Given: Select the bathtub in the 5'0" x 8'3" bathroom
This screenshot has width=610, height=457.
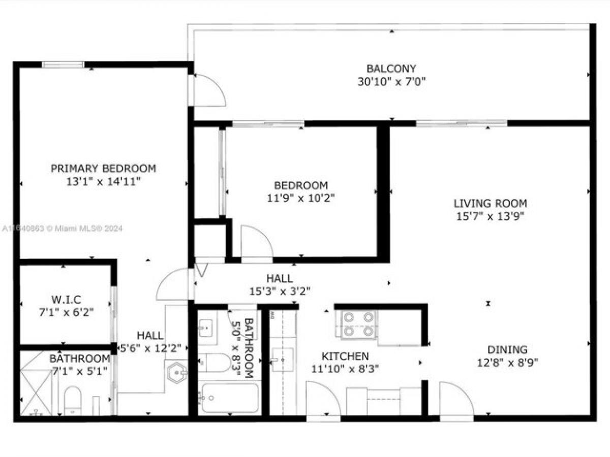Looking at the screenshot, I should (230, 398).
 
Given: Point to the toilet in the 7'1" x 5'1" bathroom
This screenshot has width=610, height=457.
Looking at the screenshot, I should (73, 400).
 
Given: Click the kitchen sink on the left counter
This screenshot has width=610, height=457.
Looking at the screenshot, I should (282, 360).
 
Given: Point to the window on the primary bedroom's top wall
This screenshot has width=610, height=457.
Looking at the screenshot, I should (63, 64).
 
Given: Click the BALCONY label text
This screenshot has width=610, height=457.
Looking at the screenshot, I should (391, 69).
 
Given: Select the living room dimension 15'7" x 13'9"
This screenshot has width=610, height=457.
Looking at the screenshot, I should (490, 216).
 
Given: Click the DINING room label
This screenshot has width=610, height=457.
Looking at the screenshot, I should (507, 349).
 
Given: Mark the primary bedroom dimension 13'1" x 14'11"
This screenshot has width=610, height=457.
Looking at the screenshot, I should (103, 181).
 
